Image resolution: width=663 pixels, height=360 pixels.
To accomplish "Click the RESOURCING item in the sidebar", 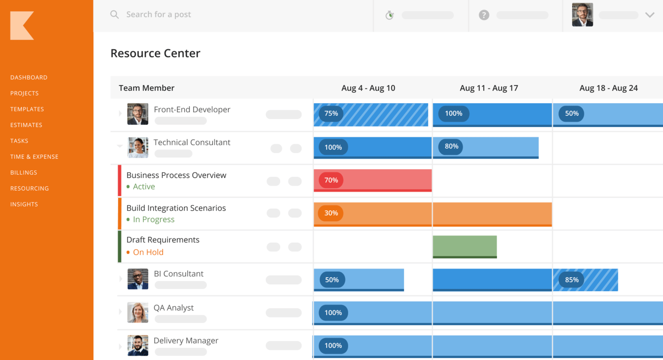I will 29,188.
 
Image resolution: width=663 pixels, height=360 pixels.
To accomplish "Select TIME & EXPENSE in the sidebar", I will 34,157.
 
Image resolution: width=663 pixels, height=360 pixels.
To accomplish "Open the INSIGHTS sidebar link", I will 24,204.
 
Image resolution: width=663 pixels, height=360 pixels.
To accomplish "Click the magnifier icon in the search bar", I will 114,15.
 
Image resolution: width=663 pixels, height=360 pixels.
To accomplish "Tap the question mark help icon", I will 484,15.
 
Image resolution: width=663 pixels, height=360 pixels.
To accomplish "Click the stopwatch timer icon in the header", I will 389,15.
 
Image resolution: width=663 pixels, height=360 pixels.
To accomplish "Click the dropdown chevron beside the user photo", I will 650,15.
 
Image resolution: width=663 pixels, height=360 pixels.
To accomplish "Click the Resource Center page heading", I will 155,53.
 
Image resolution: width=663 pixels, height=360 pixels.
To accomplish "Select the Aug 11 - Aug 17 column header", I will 489,88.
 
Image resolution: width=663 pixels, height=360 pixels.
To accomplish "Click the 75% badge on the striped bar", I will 331,114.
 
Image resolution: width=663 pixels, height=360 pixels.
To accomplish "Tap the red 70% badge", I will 331,180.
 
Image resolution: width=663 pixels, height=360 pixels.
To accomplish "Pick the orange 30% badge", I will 331,213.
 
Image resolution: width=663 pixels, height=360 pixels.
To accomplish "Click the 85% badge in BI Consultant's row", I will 572,280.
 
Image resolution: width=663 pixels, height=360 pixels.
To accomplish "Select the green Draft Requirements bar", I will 465,246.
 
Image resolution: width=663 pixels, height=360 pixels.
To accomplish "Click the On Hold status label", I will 148,252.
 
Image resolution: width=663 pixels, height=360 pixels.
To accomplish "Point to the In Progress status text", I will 153,219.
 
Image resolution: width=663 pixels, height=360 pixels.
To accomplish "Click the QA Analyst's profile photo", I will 138,312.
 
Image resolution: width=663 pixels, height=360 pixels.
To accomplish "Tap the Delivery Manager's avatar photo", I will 138,345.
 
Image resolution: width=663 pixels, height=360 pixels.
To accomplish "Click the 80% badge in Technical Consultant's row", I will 451,146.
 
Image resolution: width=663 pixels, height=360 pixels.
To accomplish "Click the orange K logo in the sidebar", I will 22,26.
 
